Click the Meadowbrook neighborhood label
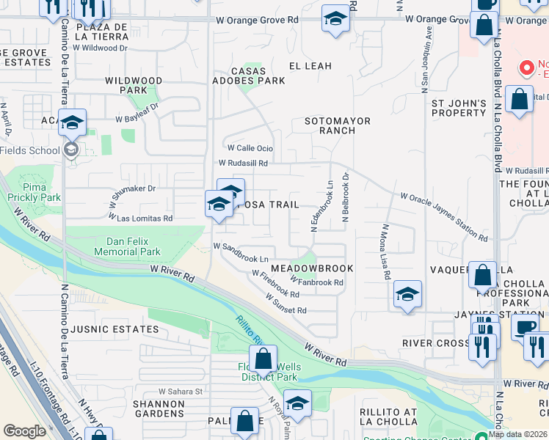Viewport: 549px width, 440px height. pyautogui.click(x=321, y=269)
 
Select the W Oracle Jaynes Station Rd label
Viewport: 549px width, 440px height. pyautogui.click(x=444, y=217)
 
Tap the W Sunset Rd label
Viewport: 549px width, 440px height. pyautogui.click(x=286, y=305)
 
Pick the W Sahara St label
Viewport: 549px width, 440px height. pyautogui.click(x=180, y=392)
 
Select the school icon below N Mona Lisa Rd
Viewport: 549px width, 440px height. pyautogui.click(x=407, y=295)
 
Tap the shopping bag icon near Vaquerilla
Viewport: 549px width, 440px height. pyautogui.click(x=482, y=276)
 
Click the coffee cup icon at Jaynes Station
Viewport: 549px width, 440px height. pyautogui.click(x=524, y=326)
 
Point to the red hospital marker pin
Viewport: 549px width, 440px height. pyautogui.click(x=526, y=69)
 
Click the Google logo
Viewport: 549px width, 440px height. pyautogui.click(x=24, y=431)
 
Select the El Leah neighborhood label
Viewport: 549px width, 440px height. pyautogui.click(x=310, y=66)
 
